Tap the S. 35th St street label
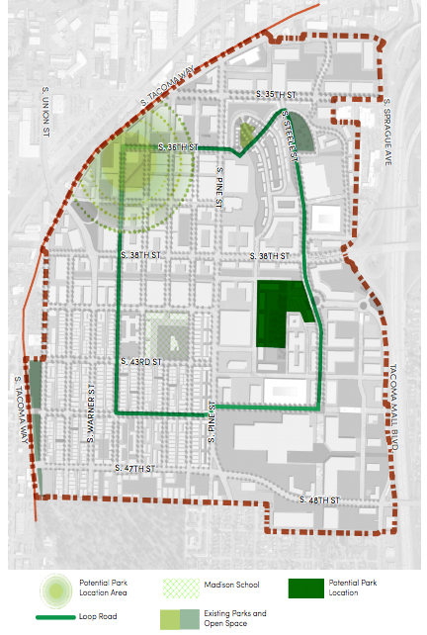[275, 94]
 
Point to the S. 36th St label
[179, 146]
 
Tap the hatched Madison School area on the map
[168, 333]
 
